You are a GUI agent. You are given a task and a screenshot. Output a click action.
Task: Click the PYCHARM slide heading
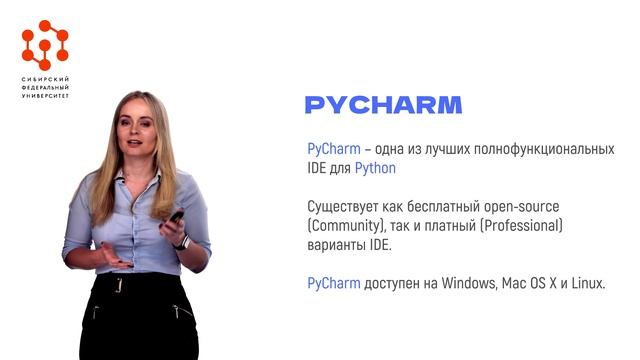pos(383,105)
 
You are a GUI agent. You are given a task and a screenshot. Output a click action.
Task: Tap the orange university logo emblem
pos(45,44)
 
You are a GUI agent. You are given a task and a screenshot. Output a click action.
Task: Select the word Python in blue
pos(375,169)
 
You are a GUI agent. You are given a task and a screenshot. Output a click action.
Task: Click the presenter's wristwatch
pos(181,241)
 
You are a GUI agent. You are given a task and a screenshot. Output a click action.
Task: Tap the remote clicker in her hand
pos(174,216)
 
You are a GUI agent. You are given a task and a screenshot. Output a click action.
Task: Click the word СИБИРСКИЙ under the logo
pos(45,79)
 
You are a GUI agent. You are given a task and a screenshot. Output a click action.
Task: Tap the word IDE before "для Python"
pos(317,169)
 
